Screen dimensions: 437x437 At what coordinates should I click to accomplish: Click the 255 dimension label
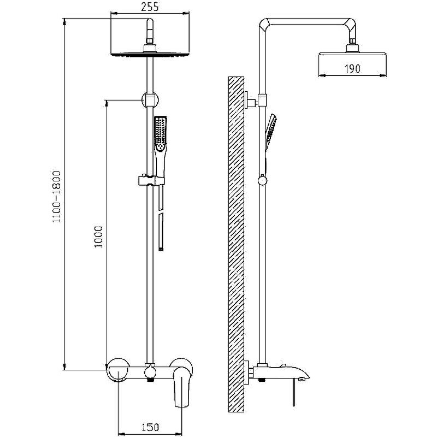(150, 7)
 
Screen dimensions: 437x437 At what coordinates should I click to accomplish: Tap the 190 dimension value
(352, 69)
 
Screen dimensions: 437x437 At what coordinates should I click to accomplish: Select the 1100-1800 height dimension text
(57, 197)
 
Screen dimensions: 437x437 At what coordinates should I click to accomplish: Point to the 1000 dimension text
(98, 237)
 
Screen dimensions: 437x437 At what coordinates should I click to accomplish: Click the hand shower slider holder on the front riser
(151, 180)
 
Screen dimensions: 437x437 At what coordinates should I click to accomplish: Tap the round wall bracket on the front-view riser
(150, 99)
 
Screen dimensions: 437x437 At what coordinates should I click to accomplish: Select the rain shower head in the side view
(352, 56)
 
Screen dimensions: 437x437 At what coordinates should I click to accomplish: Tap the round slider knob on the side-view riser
(262, 181)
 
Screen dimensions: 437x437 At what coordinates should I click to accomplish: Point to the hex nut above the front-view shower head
(150, 42)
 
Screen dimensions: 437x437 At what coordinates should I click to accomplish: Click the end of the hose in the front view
(161, 249)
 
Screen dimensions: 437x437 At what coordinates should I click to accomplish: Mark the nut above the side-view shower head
(352, 42)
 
